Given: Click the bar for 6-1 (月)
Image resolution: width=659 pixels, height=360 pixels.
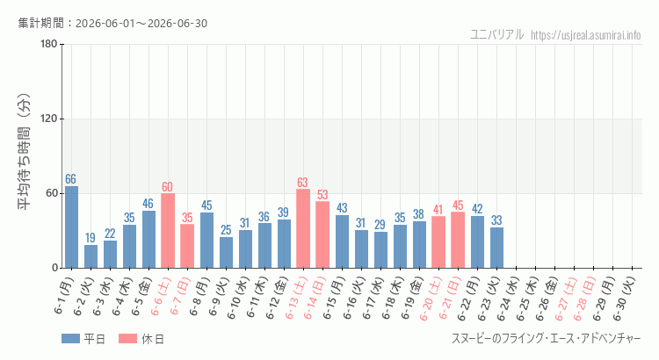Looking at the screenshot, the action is [x=71, y=227].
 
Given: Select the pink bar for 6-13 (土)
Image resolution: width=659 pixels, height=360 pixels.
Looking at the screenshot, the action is [x=303, y=228].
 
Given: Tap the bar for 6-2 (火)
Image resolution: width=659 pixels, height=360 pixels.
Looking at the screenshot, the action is [x=91, y=256].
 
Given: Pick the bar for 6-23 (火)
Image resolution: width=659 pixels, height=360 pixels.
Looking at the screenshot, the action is [x=496, y=248].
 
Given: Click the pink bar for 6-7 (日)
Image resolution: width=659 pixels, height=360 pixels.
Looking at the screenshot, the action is [x=187, y=246].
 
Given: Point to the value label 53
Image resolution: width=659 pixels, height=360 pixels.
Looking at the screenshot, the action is [x=322, y=195].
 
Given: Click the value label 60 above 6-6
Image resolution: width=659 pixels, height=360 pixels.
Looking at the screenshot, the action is [x=167, y=187].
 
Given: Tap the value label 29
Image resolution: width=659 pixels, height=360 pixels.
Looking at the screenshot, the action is [x=380, y=225].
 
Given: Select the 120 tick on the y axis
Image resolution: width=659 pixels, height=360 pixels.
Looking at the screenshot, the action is [x=49, y=119].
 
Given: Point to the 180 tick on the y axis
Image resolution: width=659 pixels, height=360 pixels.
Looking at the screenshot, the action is [x=49, y=44].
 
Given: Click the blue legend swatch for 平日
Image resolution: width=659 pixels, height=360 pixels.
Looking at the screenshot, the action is [x=70, y=339].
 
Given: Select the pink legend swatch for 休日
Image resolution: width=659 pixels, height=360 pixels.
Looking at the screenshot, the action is [x=127, y=339].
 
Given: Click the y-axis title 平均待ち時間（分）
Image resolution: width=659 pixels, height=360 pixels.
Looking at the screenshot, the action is [x=24, y=152].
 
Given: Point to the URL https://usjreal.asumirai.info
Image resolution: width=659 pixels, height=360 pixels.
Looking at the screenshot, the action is [x=586, y=35].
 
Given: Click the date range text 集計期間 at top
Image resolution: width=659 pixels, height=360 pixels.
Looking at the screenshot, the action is [x=112, y=23].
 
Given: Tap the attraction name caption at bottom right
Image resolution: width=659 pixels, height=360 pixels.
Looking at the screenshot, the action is [x=547, y=339].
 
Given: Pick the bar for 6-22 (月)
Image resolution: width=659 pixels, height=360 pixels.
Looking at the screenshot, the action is [x=477, y=242].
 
